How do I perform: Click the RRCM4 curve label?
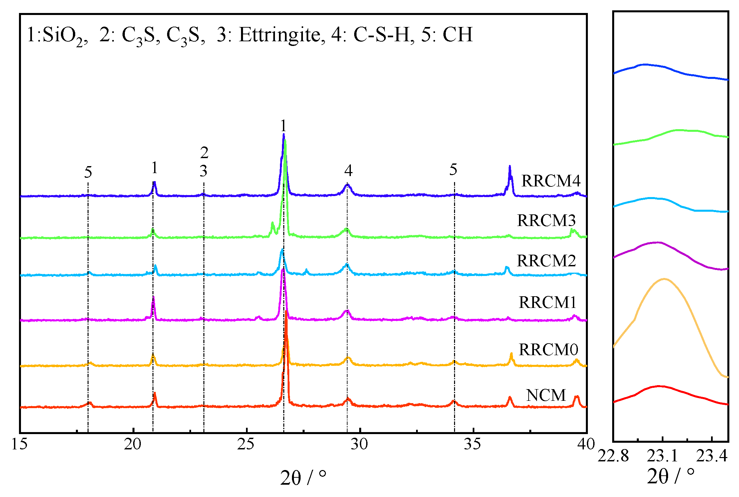[551, 181]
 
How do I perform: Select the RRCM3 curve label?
[546, 220]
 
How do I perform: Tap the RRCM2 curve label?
[546, 261]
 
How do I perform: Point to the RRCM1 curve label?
[547, 302]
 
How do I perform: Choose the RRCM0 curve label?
[548, 350]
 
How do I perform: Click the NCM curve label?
[546, 395]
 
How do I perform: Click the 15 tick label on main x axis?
[20, 444]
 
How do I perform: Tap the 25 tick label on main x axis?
[246, 444]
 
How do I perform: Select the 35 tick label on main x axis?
[473, 444]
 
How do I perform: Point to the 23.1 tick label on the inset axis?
[662, 456]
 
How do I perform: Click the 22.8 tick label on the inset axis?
[613, 456]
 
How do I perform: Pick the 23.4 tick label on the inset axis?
[712, 456]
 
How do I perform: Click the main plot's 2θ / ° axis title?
[303, 478]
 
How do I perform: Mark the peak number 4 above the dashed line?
[348, 170]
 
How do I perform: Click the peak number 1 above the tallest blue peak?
[283, 126]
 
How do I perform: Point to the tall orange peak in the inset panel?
[664, 279]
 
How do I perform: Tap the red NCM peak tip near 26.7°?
[286, 312]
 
